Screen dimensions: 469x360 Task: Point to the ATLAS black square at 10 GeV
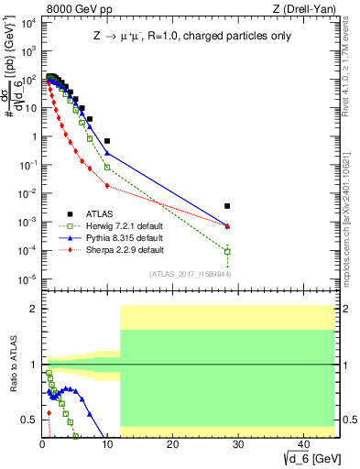pyautogui.click(x=107, y=141)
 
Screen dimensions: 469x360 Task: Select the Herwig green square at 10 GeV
pyautogui.click(x=107, y=167)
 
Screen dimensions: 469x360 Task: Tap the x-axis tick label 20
pyautogui.click(x=172, y=442)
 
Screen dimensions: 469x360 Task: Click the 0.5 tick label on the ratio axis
pyautogui.click(x=27, y=420)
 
